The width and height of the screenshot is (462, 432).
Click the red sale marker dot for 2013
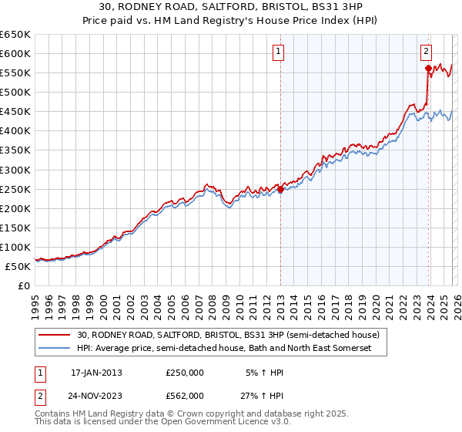280,189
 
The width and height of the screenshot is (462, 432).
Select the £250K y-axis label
15,189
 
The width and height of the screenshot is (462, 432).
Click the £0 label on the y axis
22,286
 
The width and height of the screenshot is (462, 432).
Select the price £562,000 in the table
185,396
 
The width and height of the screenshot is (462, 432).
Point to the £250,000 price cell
185,373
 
